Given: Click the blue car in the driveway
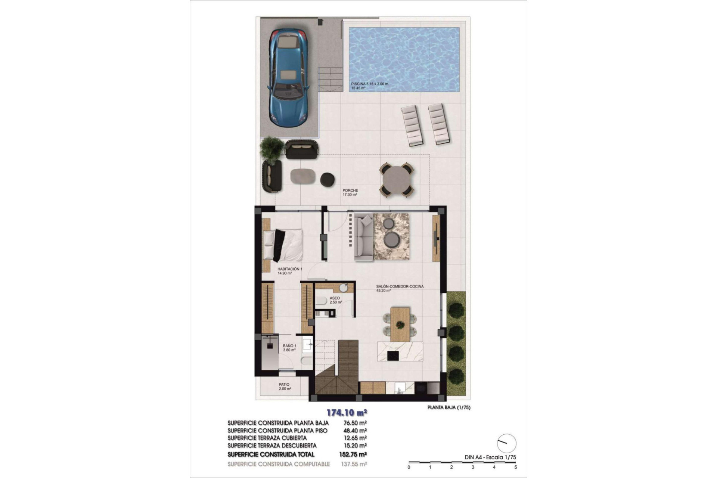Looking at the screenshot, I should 288,78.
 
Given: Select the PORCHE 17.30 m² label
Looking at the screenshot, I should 350,192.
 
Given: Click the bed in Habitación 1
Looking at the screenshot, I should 283,245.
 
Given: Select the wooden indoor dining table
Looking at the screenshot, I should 400,324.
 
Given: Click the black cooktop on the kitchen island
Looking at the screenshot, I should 393,356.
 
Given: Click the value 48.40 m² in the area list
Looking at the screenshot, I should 354,431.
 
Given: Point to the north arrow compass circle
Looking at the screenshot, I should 506,444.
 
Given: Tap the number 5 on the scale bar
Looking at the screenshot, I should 516,467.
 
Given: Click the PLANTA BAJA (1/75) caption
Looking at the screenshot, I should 448,408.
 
